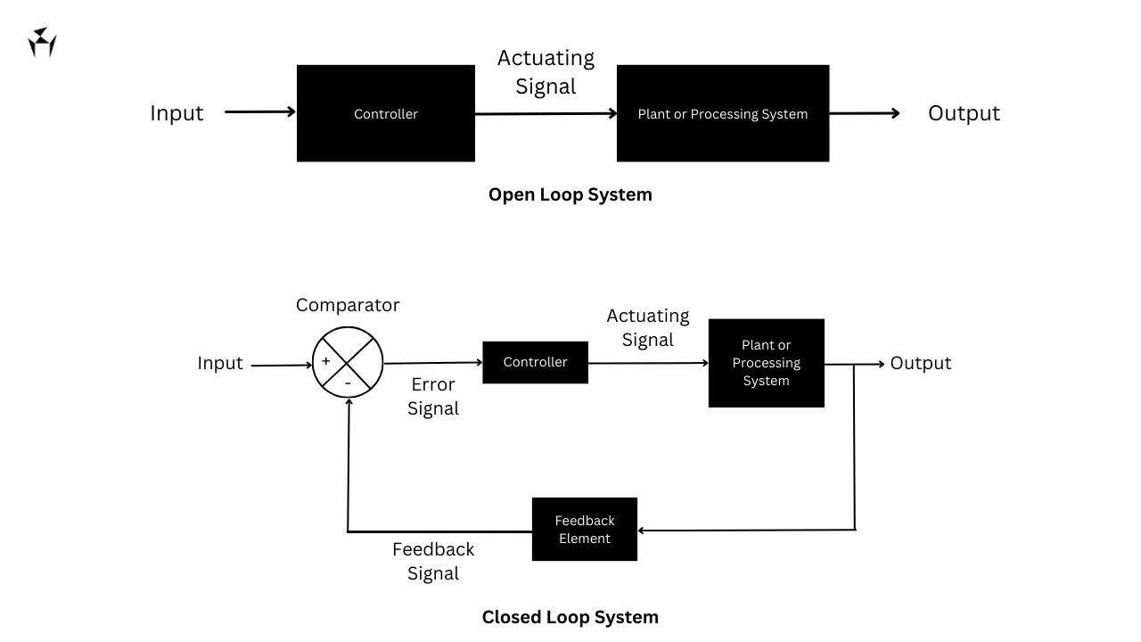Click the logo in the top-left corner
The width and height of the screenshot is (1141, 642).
(x=42, y=42)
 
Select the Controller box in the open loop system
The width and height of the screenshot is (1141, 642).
(x=385, y=113)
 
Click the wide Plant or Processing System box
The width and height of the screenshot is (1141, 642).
(x=722, y=113)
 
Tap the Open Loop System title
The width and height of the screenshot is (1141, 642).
(x=570, y=194)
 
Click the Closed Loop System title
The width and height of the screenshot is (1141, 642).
(x=570, y=617)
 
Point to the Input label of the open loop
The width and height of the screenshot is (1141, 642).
(x=176, y=113)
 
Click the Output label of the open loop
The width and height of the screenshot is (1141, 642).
(x=964, y=113)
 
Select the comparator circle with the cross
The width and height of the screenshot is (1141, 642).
(x=348, y=363)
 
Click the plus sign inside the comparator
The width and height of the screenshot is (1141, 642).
(x=325, y=361)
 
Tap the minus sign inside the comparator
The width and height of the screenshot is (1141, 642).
(x=348, y=383)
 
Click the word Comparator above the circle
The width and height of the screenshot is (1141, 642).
(x=348, y=305)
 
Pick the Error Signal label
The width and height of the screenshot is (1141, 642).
(x=433, y=397)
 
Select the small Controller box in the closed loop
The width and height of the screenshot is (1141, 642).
(x=535, y=362)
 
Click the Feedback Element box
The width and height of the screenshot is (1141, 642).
(x=584, y=530)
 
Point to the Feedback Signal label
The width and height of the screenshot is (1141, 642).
(x=433, y=561)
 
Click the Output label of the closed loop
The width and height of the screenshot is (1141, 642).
(x=921, y=363)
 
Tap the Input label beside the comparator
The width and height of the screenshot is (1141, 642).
(x=220, y=363)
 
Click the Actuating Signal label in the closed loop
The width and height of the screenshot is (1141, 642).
(x=648, y=327)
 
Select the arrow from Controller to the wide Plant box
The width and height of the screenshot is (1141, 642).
(x=546, y=114)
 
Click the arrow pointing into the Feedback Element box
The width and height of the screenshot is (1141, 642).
(x=745, y=531)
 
